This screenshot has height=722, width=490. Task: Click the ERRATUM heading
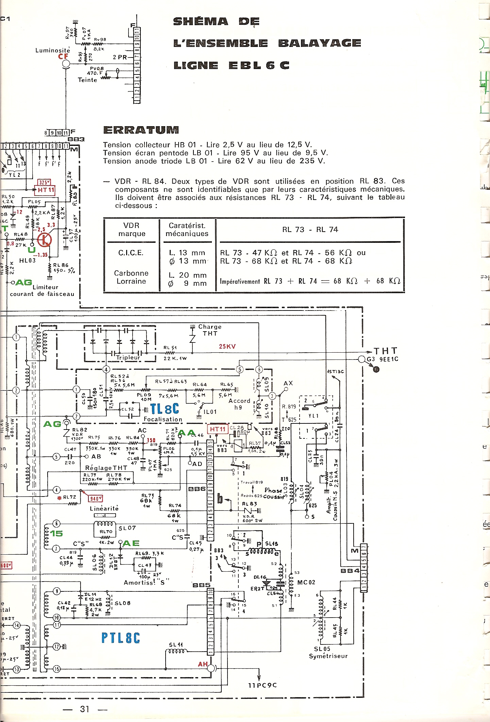tap(141, 130)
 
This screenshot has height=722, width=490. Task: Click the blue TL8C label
tap(165, 409)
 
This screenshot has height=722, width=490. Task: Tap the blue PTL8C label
tap(121, 638)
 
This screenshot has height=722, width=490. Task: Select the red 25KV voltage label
tap(227, 347)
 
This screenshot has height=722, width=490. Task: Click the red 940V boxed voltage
tap(95, 499)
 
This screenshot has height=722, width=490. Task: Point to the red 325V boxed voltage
tap(44, 182)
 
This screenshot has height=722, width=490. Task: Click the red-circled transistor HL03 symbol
tap(44, 240)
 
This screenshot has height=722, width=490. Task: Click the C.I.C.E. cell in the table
tap(131, 253)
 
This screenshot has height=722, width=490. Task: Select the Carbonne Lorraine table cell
tap(131, 277)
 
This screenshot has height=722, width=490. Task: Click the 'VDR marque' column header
tap(132, 230)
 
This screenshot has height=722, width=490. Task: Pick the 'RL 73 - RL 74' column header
tap(310, 230)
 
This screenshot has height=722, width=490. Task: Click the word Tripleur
tap(128, 357)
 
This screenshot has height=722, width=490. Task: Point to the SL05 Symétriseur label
tap(328, 653)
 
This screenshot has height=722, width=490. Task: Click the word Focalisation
tap(163, 419)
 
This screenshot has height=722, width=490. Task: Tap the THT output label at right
tap(386, 351)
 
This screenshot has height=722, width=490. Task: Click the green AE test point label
tap(131, 543)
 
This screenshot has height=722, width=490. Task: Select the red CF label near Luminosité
tap(63, 56)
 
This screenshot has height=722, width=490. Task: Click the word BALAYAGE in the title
tap(320, 43)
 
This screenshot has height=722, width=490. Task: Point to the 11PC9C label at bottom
tap(262, 685)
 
